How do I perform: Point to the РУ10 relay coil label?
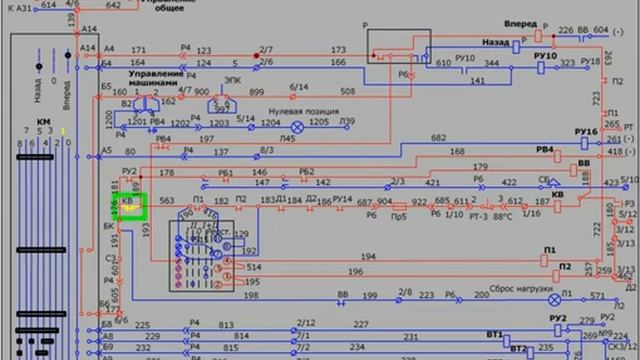(x=545, y=56)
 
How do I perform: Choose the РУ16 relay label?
(x=586, y=132)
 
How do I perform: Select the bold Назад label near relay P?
(x=497, y=44)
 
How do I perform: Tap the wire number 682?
(x=438, y=137)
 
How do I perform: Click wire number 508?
(x=347, y=91)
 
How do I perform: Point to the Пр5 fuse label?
(x=398, y=215)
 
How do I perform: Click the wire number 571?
(x=597, y=296)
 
